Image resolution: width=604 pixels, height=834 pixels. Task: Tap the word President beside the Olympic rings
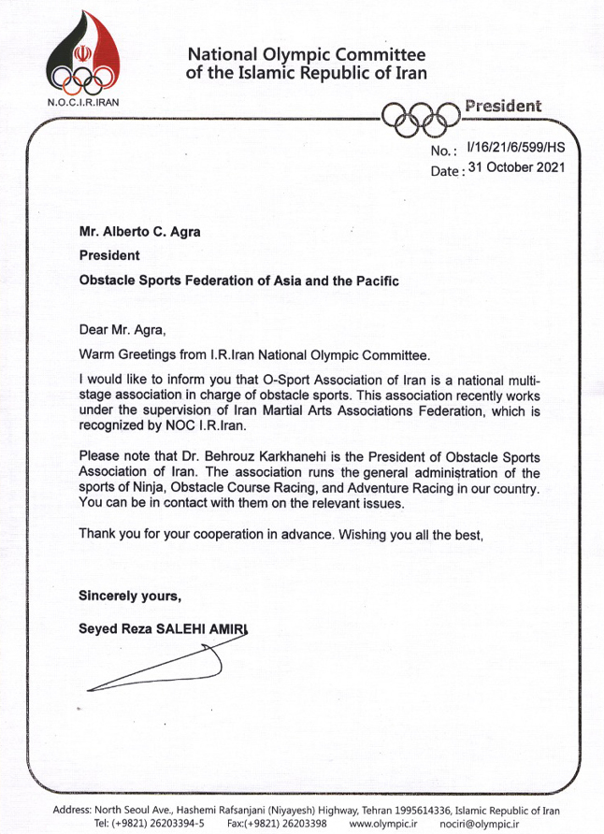coord(503,106)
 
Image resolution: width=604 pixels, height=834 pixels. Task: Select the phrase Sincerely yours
coord(129,595)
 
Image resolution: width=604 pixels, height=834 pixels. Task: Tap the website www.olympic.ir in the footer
coord(385,823)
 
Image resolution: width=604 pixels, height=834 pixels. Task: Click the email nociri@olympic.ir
coord(482,823)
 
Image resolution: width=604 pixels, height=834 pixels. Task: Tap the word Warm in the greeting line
coord(96,354)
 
